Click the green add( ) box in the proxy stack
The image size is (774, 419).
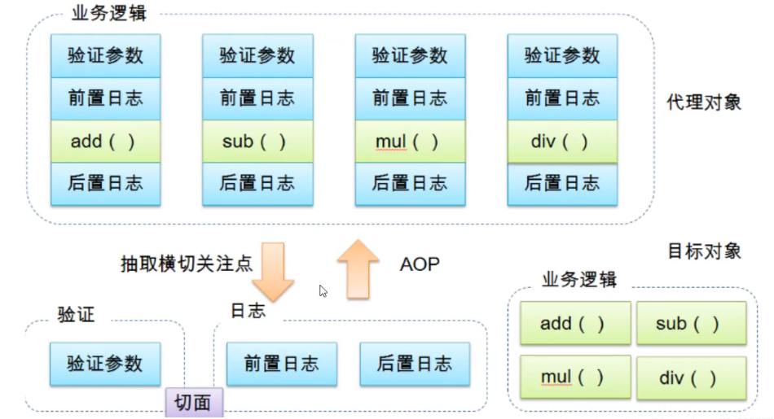(105, 141)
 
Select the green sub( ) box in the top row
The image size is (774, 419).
(257, 141)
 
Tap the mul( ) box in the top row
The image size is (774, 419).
(410, 141)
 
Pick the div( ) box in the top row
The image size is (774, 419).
(562, 141)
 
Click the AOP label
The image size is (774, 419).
(420, 264)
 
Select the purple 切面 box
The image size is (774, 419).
(194, 402)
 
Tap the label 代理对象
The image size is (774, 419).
(704, 103)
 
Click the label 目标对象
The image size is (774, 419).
(704, 251)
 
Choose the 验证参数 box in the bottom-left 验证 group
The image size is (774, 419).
(105, 363)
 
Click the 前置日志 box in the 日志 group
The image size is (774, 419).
(282, 363)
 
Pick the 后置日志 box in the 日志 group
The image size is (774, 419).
(415, 363)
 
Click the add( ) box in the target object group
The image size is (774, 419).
(574, 323)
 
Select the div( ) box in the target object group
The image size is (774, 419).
(691, 378)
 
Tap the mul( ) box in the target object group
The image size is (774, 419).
(574, 378)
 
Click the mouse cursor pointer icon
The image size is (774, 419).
(323, 290)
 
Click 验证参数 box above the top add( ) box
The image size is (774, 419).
(105, 55)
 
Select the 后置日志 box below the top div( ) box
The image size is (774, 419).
(562, 184)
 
